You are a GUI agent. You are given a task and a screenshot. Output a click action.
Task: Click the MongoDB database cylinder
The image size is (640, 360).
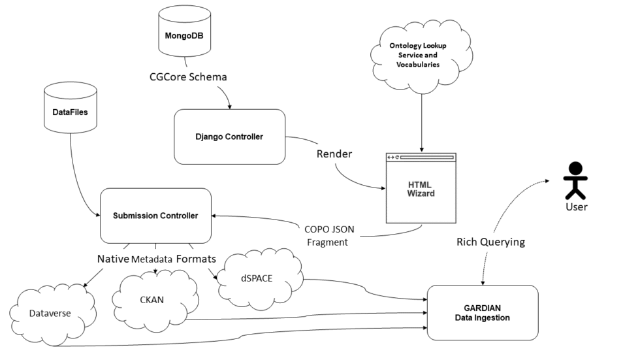pos(186,35)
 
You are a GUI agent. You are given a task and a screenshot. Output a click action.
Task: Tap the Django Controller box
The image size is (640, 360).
pos(229,137)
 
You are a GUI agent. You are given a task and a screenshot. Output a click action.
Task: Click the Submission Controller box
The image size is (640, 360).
pos(155,215)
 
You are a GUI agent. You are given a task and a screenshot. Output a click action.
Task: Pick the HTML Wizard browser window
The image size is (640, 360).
pos(421,189)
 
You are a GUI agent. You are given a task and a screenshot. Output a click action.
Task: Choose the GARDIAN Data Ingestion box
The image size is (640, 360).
pos(483,313)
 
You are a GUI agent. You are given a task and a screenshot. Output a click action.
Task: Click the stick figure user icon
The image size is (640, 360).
pos(575,177)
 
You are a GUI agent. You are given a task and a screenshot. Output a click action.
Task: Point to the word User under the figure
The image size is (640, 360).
pos(577,207)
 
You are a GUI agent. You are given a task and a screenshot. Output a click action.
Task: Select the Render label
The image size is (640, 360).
pos(334,154)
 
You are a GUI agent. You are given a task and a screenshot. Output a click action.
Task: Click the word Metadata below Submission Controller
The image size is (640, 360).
pos(152,259)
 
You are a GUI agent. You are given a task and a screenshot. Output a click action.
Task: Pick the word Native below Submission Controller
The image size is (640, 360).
pos(112,259)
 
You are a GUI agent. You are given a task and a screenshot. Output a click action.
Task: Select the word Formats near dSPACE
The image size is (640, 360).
pos(196,259)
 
